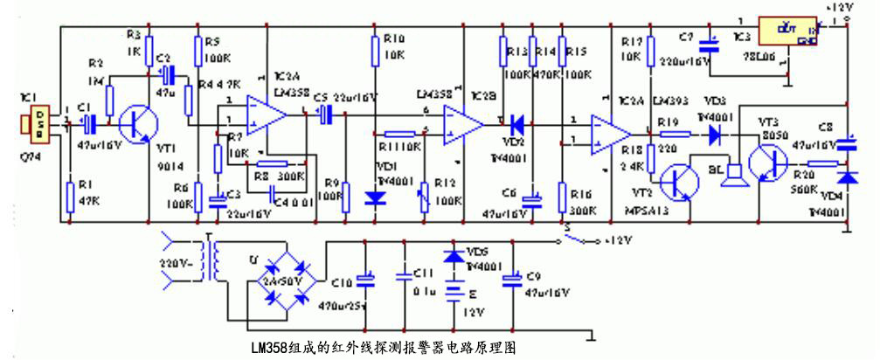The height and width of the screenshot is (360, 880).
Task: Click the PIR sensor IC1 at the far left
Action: click(x=38, y=124)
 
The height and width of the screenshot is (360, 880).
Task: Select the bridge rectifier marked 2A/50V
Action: click(x=284, y=280)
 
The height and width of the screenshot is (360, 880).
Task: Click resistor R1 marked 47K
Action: click(x=70, y=196)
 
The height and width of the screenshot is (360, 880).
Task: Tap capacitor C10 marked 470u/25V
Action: click(x=368, y=280)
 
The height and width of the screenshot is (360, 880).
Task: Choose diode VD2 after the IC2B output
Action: click(x=517, y=124)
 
